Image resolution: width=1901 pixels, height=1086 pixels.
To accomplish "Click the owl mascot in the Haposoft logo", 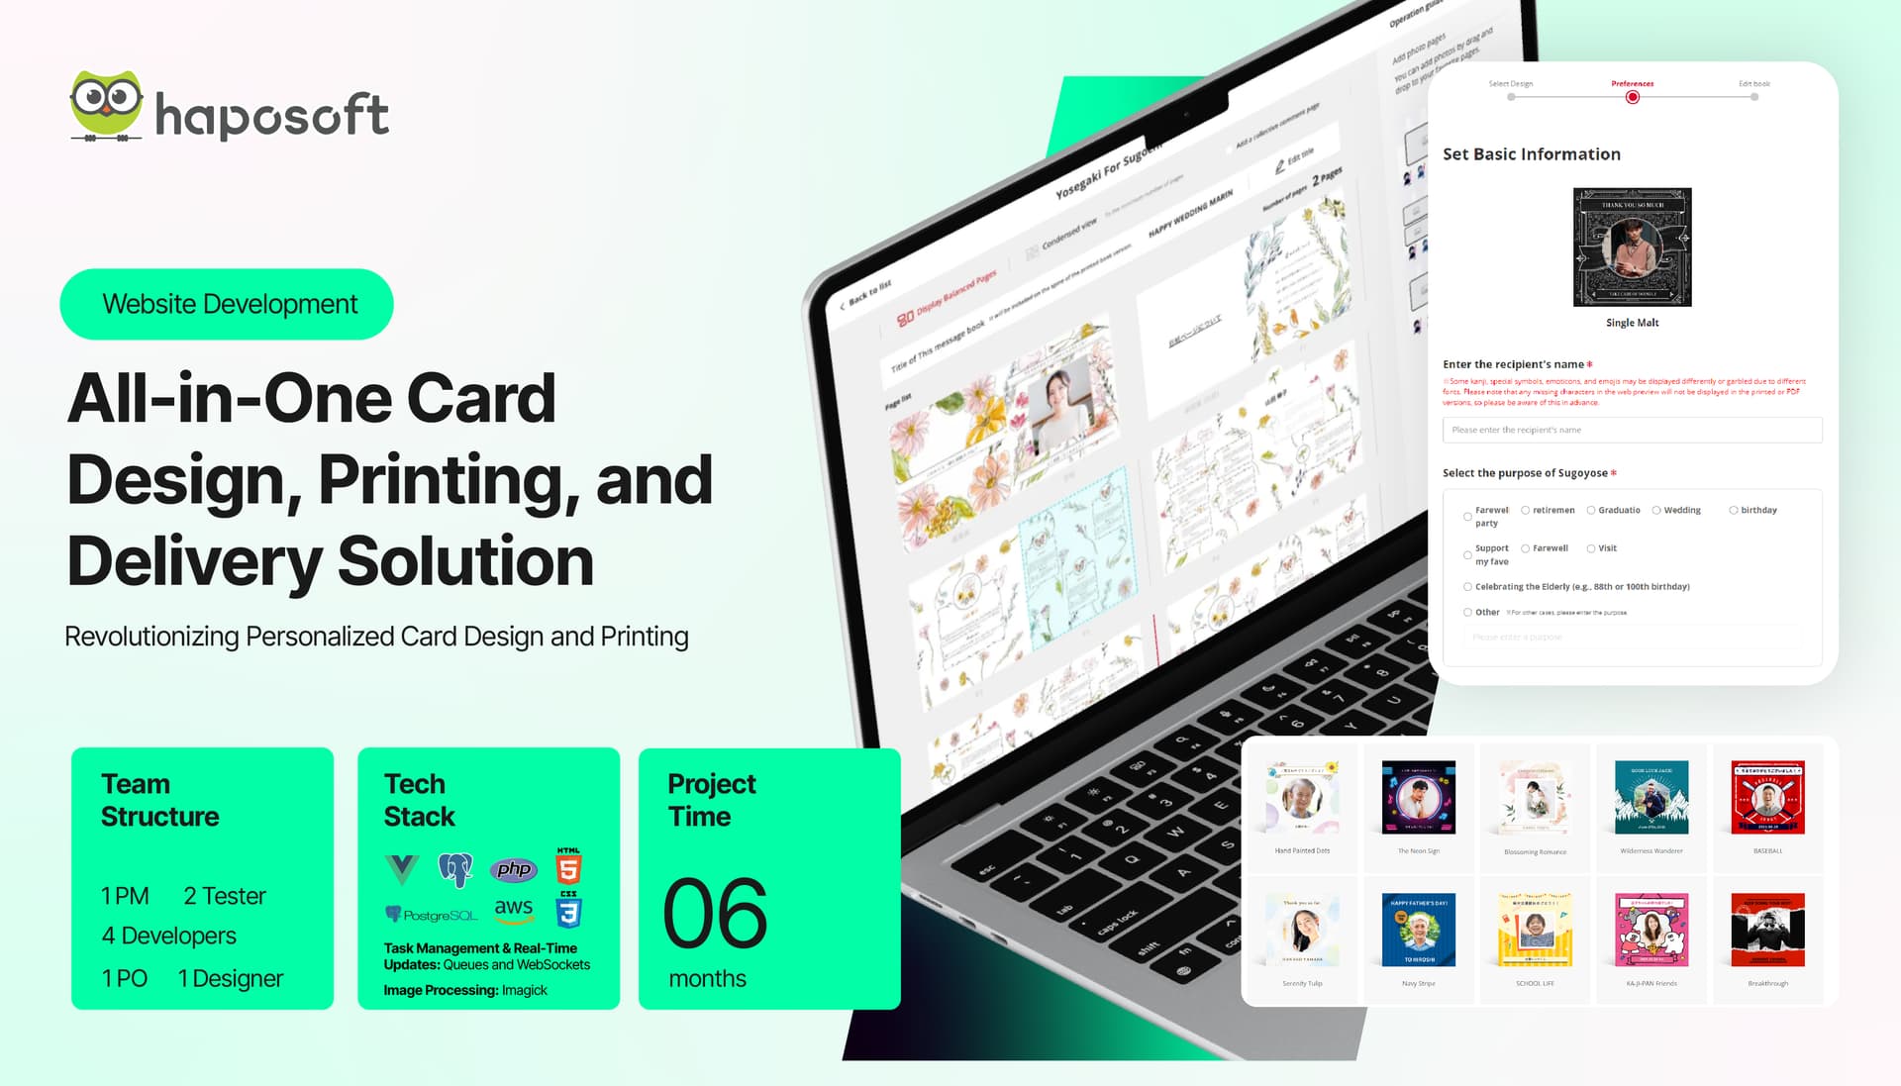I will (106, 104).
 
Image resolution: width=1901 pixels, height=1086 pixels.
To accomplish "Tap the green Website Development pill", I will (227, 304).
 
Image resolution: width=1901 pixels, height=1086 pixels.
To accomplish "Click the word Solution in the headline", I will (465, 561).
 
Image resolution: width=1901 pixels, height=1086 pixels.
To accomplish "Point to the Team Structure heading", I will (159, 800).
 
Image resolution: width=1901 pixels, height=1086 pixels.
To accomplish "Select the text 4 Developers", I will (168, 936).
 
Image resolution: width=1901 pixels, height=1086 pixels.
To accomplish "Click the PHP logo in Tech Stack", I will (514, 869).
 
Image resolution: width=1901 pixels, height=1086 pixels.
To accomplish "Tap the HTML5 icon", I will (568, 867).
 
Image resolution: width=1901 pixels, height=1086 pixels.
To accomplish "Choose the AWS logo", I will (514, 909).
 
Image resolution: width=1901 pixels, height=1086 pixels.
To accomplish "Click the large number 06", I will (715, 913).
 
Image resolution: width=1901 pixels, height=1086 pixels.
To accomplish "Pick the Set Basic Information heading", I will (1531, 154).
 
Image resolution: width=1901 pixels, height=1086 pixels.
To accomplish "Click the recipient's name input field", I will (1631, 430).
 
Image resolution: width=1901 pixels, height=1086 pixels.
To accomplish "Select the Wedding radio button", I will (1656, 511).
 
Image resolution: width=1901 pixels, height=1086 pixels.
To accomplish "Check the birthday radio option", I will (1734, 511).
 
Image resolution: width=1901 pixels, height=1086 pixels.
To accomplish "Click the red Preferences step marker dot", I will (1632, 97).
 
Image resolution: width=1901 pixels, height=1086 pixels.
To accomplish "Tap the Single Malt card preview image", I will (1632, 247).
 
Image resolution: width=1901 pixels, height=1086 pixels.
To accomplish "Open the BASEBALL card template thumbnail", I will (1767, 797).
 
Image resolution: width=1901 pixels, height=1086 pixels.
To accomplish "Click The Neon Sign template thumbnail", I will (1418, 797).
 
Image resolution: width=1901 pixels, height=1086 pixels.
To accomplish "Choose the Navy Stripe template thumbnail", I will (1418, 930).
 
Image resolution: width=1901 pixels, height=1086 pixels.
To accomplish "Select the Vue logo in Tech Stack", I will (402, 869).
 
